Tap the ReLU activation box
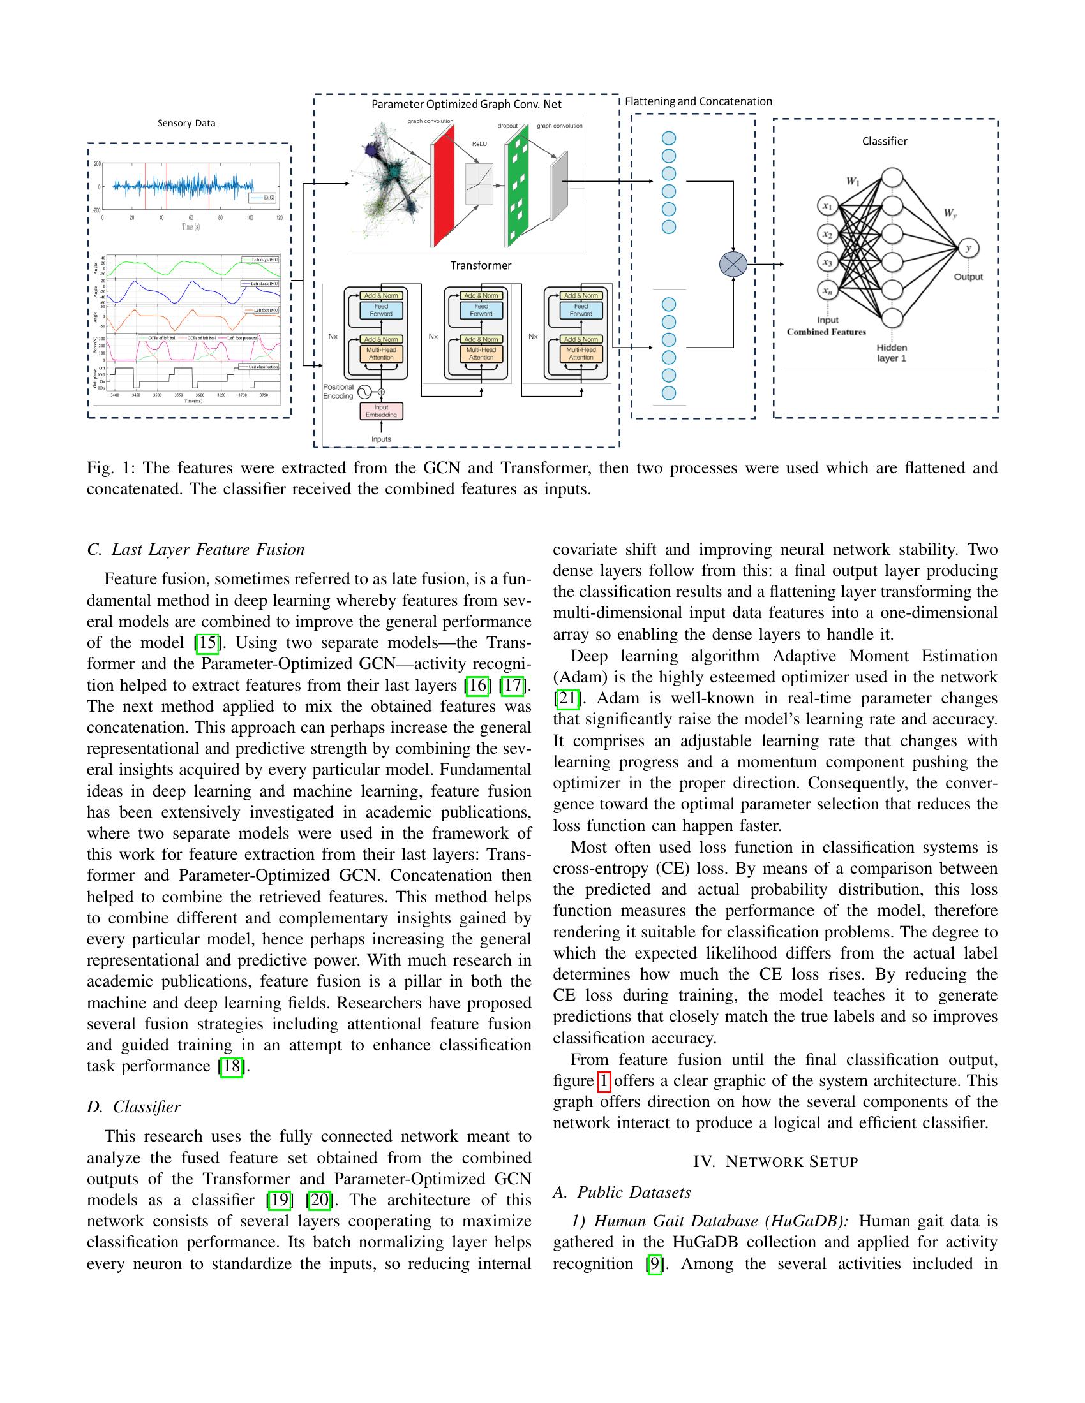point(479,183)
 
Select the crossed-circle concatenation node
point(733,264)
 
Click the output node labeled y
point(968,248)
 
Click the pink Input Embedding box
point(381,411)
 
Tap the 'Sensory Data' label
point(186,123)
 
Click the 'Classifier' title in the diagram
point(885,142)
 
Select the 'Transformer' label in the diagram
point(481,265)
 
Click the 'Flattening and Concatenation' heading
point(698,101)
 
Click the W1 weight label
point(852,181)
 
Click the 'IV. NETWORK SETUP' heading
point(775,1161)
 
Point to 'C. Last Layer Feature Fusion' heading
point(195,549)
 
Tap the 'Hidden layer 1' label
point(892,353)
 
